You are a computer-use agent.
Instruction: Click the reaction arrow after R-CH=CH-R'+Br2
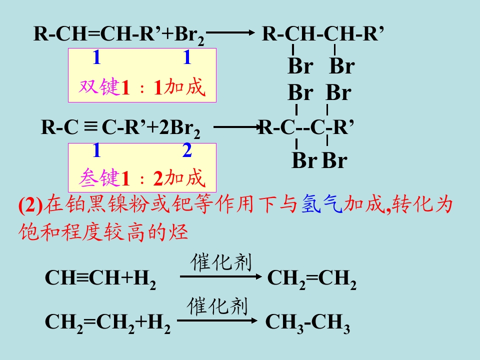click(230, 32)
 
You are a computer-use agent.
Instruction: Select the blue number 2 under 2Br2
click(187, 150)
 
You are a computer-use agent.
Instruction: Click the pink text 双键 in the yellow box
click(99, 87)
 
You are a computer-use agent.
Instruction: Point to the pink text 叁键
click(99, 177)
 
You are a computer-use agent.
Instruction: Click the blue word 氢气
click(321, 204)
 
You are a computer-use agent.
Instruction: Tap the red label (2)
click(30, 205)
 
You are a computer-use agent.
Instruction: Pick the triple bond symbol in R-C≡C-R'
click(90, 126)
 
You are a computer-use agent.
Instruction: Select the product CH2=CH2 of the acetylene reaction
click(312, 279)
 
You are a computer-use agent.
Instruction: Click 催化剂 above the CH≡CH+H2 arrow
click(221, 262)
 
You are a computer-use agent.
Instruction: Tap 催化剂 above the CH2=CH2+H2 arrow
click(217, 306)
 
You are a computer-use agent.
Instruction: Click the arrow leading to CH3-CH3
click(217, 320)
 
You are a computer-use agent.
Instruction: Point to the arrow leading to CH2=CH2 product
click(220, 276)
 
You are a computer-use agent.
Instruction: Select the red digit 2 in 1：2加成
click(158, 179)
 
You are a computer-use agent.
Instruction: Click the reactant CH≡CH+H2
click(100, 279)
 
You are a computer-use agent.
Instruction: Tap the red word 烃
click(178, 231)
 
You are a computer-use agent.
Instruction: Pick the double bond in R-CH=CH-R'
click(94, 33)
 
